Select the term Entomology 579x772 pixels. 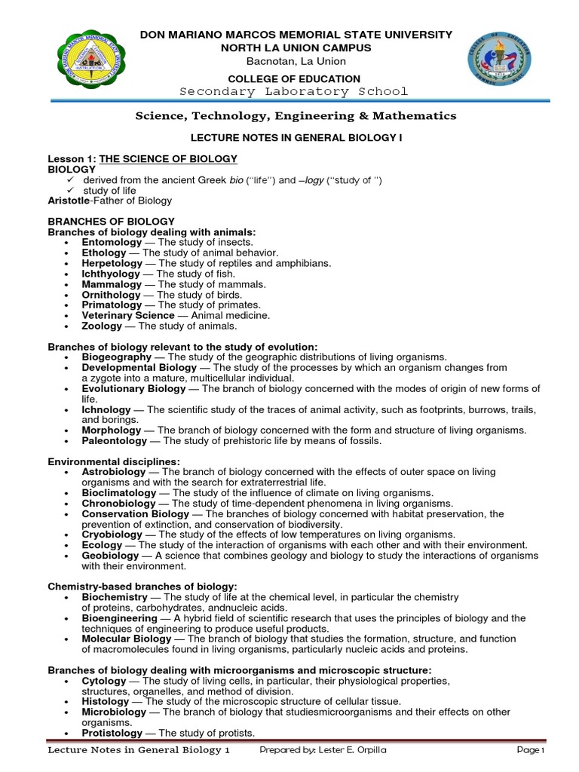point(112,243)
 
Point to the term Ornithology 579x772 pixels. point(112,296)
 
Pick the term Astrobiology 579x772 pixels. point(114,472)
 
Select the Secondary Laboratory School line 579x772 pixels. point(294,92)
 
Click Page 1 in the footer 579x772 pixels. point(530,751)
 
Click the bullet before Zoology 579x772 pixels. point(68,327)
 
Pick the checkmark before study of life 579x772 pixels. point(69,191)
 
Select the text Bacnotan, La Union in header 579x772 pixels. point(293,61)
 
